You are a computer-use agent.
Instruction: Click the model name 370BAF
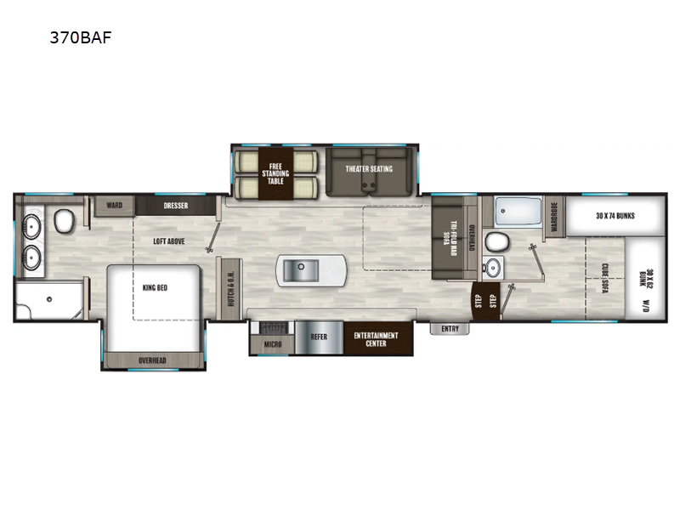point(81,37)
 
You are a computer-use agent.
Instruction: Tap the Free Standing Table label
point(275,173)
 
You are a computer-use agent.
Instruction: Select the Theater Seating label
point(369,168)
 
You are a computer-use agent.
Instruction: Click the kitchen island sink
point(301,270)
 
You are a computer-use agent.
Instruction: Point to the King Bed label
point(155,287)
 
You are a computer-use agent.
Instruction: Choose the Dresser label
point(176,206)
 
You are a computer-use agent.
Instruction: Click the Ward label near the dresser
point(115,205)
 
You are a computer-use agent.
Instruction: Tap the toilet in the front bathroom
point(65,221)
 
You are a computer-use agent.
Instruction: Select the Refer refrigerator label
point(319,337)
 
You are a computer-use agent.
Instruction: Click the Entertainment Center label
point(376,339)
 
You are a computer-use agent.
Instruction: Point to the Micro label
point(273,344)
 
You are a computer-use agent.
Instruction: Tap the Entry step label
point(450,329)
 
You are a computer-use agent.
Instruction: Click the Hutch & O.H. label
point(230,289)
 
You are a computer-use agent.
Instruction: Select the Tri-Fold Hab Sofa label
point(450,239)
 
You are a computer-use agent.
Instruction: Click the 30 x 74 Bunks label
point(615,216)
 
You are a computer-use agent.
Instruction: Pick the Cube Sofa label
point(604,278)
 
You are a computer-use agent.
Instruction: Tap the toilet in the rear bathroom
point(496,242)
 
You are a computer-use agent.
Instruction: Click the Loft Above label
point(168,241)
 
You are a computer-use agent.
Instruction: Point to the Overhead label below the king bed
point(152,360)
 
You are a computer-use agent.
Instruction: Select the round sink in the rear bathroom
point(493,268)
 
